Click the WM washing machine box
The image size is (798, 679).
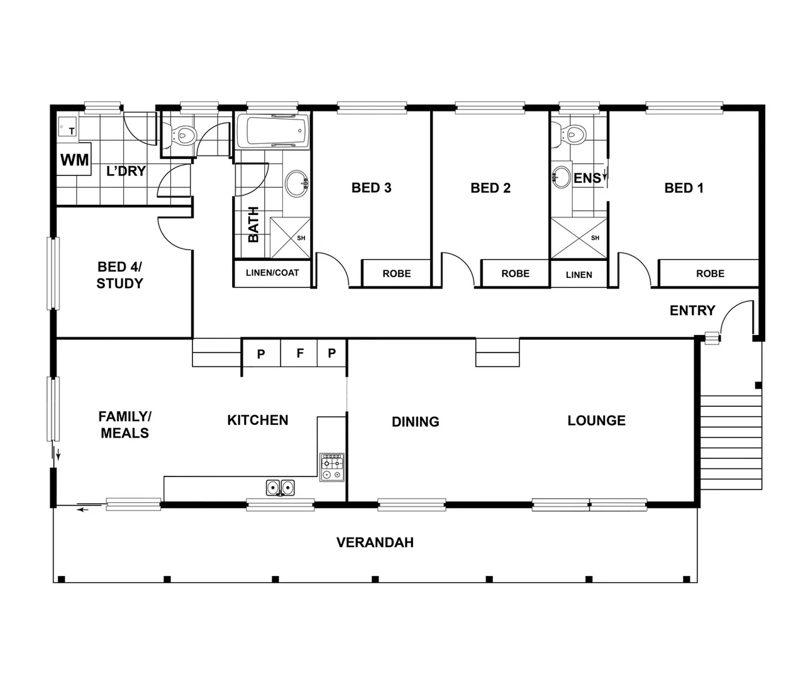(74, 160)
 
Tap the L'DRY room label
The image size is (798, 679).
(126, 171)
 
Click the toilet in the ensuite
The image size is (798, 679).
(571, 133)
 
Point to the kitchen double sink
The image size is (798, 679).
(280, 487)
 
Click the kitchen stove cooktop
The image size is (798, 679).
(331, 467)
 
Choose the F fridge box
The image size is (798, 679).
(300, 354)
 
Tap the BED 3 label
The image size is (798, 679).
(371, 187)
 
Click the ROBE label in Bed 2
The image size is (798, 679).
(515, 273)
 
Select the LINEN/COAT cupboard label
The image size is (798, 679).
(272, 273)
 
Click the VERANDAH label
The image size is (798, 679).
(375, 543)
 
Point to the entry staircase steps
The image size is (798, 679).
(731, 442)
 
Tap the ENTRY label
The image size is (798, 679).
(692, 311)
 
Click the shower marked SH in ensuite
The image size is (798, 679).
(579, 238)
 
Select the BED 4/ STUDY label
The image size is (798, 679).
(119, 275)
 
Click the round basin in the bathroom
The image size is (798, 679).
(296, 183)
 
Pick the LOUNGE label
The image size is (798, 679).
(596, 421)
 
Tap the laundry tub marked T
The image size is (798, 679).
(67, 128)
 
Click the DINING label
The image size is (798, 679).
(415, 422)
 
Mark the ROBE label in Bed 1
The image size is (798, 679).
(710, 273)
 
